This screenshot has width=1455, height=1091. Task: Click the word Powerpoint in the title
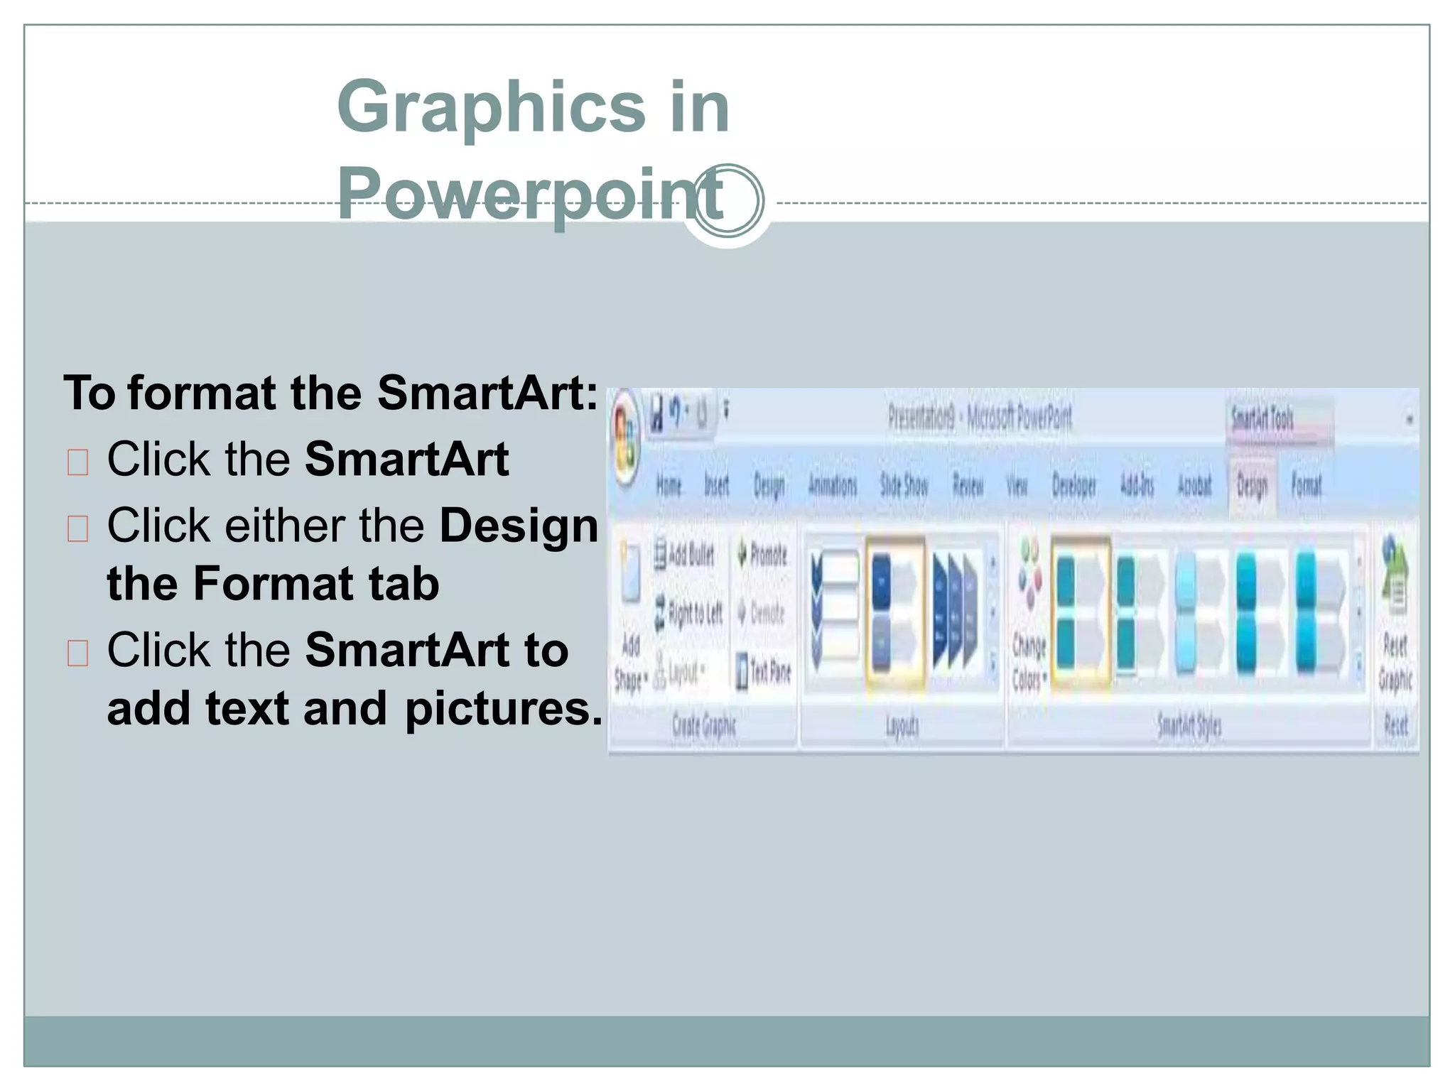click(x=529, y=195)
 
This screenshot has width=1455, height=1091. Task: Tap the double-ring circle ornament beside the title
click(x=728, y=201)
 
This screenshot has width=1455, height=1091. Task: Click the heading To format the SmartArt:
click(x=330, y=393)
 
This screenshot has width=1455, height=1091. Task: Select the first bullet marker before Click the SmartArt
click(x=77, y=462)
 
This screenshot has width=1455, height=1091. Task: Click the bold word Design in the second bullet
click(x=519, y=526)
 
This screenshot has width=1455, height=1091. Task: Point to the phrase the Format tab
click(x=273, y=584)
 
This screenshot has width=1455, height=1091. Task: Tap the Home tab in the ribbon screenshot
click(x=669, y=486)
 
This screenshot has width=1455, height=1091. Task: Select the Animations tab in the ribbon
click(x=833, y=486)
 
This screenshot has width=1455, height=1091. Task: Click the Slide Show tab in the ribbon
click(x=904, y=486)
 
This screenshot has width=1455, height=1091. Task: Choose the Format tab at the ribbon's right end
click(x=1306, y=486)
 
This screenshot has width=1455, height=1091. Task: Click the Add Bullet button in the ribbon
click(x=684, y=554)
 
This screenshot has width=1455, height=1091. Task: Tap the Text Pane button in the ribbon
click(x=764, y=671)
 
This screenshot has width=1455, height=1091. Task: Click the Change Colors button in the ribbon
click(x=1029, y=618)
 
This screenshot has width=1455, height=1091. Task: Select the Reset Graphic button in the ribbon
click(x=1395, y=618)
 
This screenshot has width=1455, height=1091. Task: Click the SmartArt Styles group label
click(x=1189, y=726)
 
